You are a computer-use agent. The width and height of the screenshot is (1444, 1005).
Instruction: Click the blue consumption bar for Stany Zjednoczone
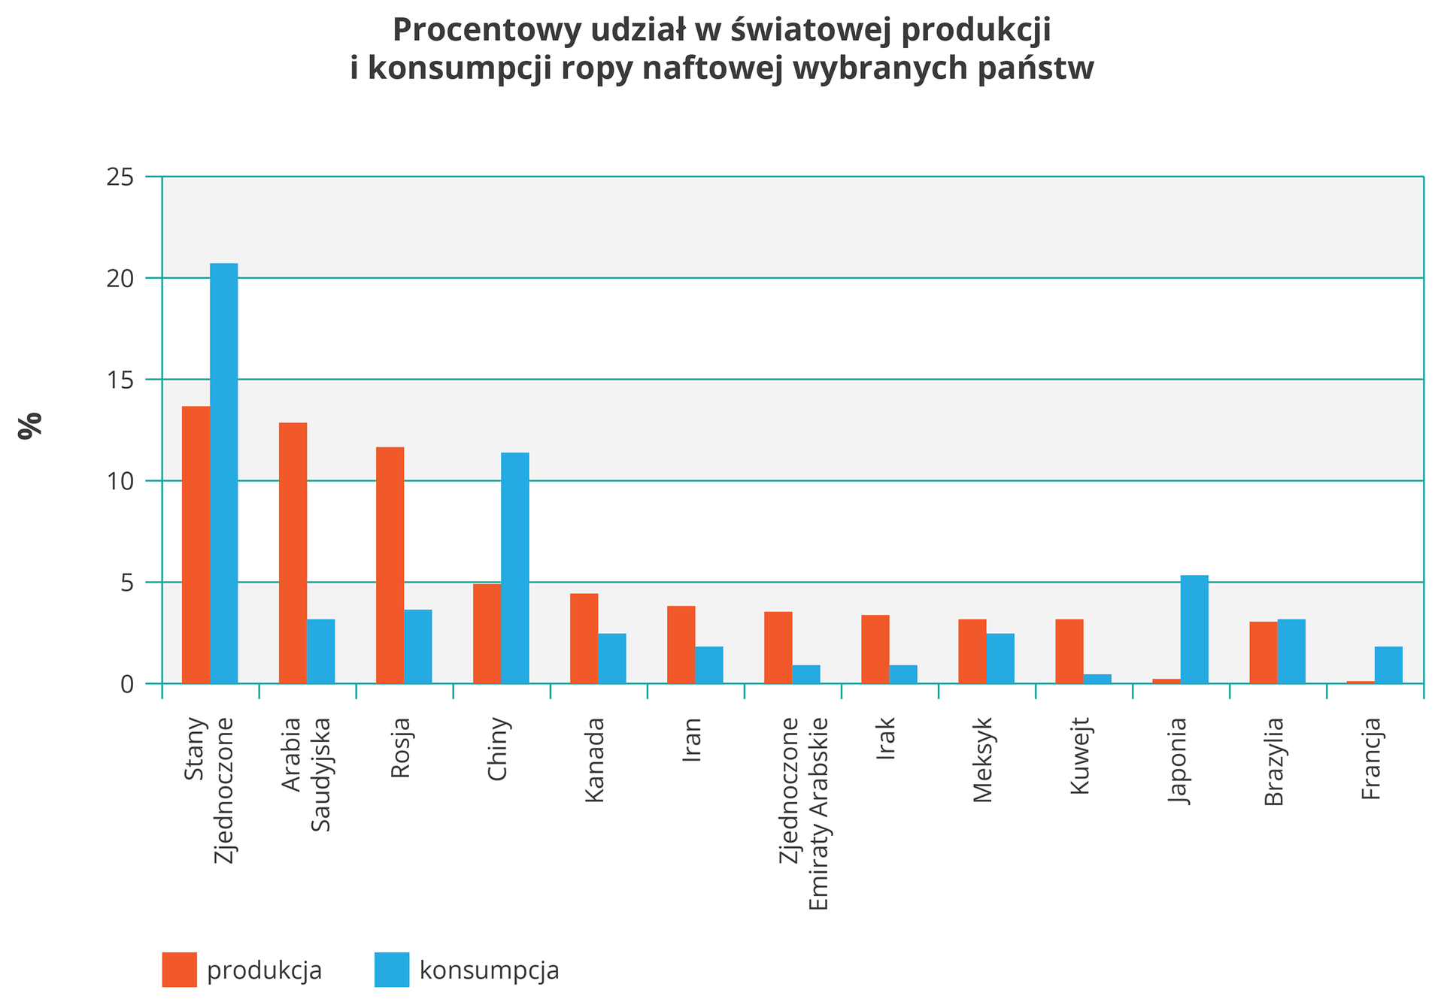pos(224,474)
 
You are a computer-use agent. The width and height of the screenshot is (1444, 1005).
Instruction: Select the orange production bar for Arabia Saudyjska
pos(293,553)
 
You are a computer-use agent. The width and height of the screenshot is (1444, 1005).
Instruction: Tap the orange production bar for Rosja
pos(390,565)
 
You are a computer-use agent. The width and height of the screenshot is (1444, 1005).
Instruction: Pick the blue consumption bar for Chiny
pos(515,568)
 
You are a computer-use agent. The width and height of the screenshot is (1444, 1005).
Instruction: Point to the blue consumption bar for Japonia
pos(1194,629)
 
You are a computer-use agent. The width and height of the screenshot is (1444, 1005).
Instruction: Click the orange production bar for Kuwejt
pos(1069,651)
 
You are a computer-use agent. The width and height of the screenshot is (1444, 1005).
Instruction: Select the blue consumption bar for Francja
pos(1388,664)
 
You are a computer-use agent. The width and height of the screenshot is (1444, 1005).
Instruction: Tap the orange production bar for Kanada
pos(584,638)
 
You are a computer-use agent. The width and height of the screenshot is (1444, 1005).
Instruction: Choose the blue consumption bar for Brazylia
pos(1291,651)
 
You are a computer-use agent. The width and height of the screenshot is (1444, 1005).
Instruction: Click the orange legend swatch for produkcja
pos(179,970)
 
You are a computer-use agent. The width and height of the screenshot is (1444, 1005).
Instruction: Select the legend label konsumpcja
pos(489,970)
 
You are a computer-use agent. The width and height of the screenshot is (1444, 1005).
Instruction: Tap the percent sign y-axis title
pos(31,425)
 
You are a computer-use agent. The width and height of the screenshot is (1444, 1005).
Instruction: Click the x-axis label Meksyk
pos(983,760)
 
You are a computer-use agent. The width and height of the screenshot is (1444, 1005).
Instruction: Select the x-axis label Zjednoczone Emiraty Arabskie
pos(803,813)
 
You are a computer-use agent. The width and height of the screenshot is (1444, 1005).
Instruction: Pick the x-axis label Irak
pos(886,740)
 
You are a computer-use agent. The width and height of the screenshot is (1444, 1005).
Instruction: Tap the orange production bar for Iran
pos(681,644)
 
